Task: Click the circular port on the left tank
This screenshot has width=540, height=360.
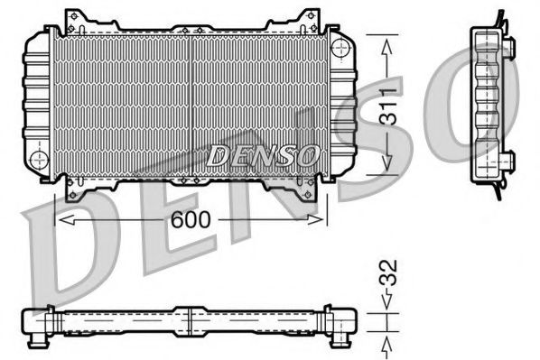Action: (39, 160)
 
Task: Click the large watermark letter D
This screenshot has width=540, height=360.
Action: (68, 253)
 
